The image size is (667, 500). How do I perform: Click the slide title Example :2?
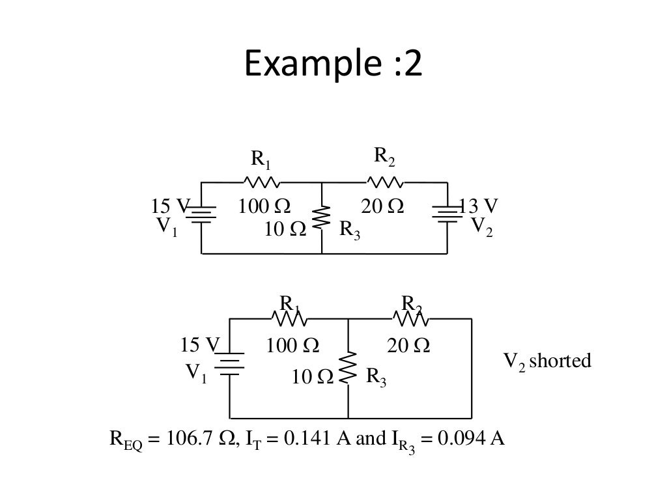pyautogui.click(x=333, y=64)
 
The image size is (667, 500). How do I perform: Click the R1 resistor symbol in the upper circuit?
pyautogui.click(x=262, y=182)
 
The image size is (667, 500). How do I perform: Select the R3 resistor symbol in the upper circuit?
pyautogui.click(x=322, y=218)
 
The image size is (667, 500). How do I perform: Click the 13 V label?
pyautogui.click(x=479, y=206)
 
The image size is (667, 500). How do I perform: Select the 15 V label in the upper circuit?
pyautogui.click(x=169, y=206)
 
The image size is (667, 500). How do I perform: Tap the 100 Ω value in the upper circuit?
pyautogui.click(x=264, y=206)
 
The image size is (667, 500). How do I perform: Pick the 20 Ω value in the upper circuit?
pyautogui.click(x=382, y=206)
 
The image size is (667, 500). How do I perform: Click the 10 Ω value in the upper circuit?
pyautogui.click(x=285, y=230)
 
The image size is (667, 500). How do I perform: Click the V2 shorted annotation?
pyautogui.click(x=548, y=361)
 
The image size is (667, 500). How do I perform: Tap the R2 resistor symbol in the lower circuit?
pyautogui.click(x=411, y=319)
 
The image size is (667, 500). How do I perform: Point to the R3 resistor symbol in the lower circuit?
pyautogui.click(x=348, y=367)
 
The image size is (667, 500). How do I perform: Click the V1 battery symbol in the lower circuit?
pyautogui.click(x=229, y=364)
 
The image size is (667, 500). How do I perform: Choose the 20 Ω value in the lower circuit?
pyautogui.click(x=408, y=345)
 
